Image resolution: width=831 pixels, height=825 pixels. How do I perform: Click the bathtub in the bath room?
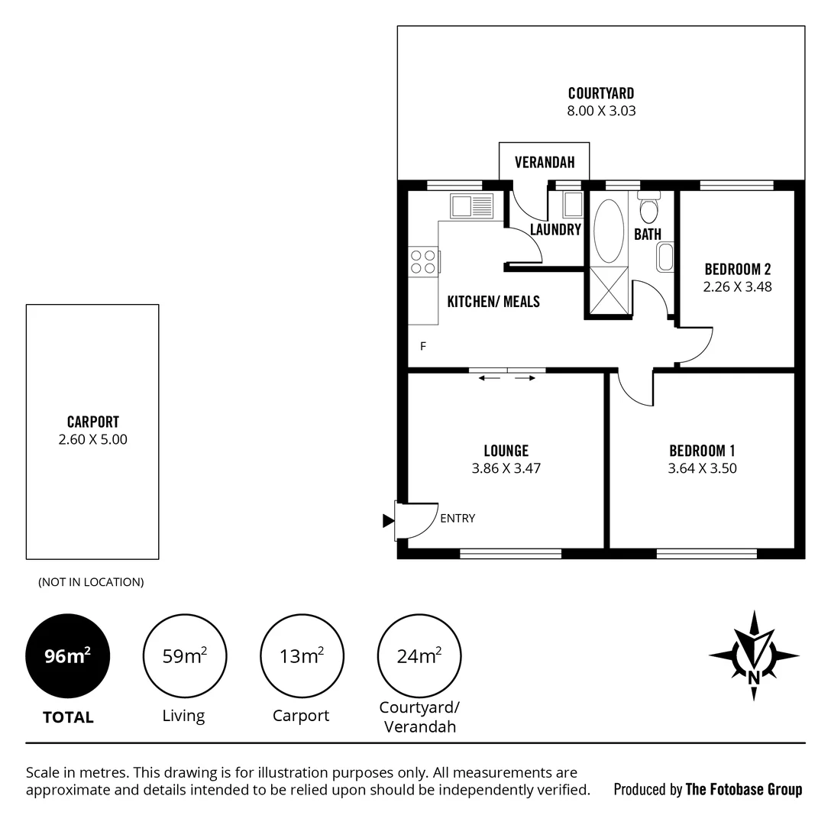click(x=609, y=231)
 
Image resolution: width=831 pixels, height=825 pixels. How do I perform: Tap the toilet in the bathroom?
click(x=649, y=208)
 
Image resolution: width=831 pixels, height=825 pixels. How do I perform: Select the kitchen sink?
click(x=471, y=206)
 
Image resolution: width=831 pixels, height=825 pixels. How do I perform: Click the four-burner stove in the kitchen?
click(x=422, y=262)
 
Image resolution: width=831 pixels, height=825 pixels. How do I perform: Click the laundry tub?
click(x=572, y=205)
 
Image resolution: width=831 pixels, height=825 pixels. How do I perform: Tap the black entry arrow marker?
click(x=388, y=521)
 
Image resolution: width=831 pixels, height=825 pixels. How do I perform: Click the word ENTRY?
click(x=458, y=518)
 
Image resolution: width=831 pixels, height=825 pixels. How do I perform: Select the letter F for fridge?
click(x=422, y=347)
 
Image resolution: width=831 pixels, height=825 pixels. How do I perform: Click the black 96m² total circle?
click(x=68, y=655)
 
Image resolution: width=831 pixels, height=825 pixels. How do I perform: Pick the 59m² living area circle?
click(x=184, y=655)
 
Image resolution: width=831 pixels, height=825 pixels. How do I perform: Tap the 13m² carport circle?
click(x=302, y=655)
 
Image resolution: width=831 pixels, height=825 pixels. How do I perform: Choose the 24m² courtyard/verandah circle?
click(x=419, y=655)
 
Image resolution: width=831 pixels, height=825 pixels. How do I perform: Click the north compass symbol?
click(x=754, y=655)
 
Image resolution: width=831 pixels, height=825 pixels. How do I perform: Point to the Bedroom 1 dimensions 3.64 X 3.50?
click(x=702, y=468)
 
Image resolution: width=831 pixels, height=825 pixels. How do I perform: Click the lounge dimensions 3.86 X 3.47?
click(x=506, y=468)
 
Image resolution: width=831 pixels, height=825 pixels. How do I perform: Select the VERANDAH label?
click(x=544, y=163)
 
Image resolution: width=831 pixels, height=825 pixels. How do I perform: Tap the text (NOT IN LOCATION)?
click(x=91, y=582)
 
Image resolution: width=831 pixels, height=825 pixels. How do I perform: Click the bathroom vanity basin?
click(x=665, y=257)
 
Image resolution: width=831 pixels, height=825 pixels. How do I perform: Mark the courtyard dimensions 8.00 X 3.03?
click(x=601, y=111)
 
